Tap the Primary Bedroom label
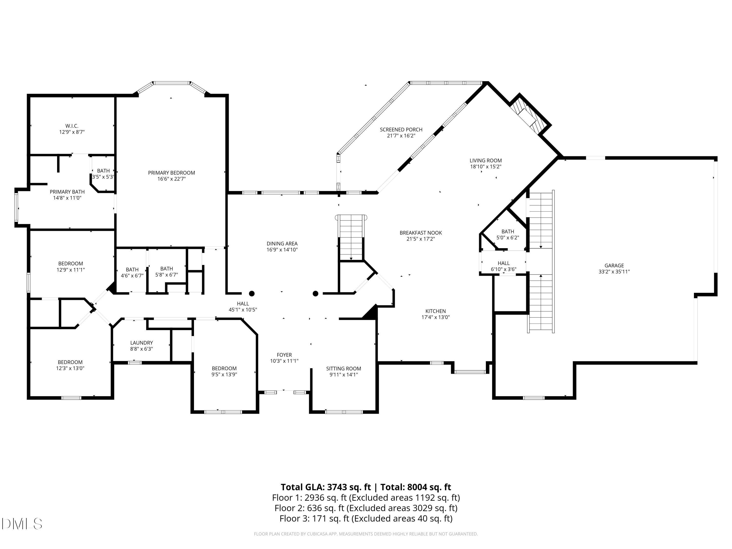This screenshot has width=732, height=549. tap(172, 173)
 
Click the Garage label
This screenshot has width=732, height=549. tap(614, 265)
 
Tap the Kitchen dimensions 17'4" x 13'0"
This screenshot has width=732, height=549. tap(436, 317)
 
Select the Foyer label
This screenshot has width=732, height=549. tap(284, 355)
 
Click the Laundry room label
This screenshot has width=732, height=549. tap(142, 343)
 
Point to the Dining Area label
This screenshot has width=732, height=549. tap(282, 244)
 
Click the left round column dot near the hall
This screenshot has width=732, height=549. tap(252, 294)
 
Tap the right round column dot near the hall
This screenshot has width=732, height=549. tap(315, 294)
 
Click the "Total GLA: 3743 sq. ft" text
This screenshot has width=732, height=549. tap(326, 487)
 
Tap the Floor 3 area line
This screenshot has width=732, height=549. tap(366, 518)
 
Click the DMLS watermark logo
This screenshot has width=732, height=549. tap(22, 524)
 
